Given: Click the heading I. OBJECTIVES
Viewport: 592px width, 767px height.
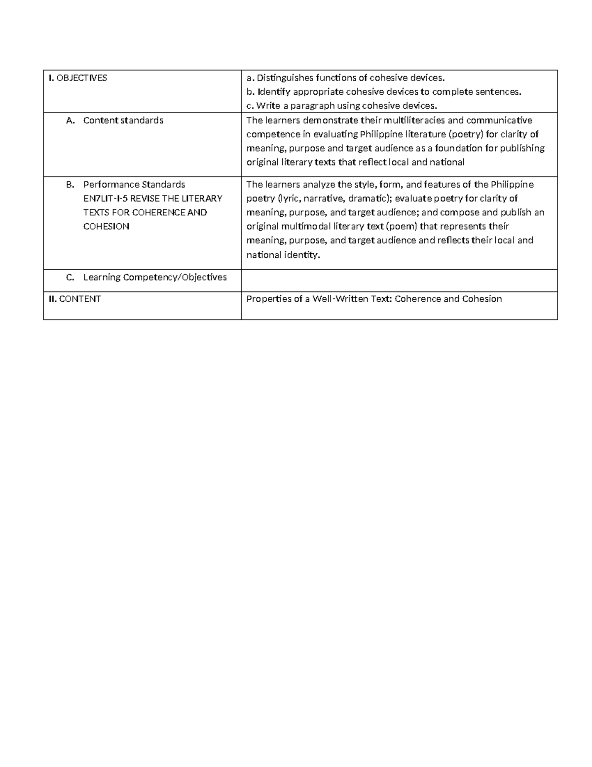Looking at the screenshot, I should (77, 78).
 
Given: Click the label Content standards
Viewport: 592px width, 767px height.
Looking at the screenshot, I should (123, 121).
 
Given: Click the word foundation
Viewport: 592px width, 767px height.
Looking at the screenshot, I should (452, 148).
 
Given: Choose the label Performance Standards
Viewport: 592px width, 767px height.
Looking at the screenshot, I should (134, 185).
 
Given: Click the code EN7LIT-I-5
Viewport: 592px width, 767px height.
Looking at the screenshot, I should (104, 199).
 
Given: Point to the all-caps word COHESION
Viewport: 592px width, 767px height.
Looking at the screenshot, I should (106, 227).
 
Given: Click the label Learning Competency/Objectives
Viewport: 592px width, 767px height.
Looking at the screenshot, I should (155, 278).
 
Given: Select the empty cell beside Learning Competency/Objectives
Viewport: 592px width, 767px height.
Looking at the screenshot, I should (399, 280).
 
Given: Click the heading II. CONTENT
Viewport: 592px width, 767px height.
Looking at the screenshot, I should (74, 299).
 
